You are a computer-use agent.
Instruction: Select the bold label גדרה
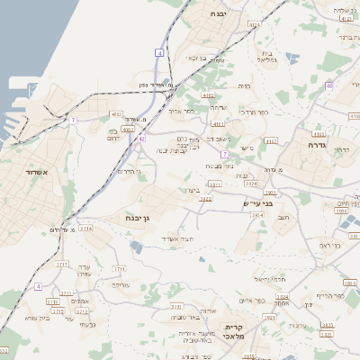click(x=317, y=145)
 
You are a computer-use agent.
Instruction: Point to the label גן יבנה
click(x=157, y=216)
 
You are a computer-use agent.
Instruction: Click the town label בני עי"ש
click(x=257, y=204)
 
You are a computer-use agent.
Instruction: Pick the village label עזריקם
click(x=121, y=284)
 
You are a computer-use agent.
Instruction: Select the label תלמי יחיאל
click(x=269, y=280)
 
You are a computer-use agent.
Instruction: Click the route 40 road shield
click(x=329, y=85)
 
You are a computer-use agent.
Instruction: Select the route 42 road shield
click(x=141, y=139)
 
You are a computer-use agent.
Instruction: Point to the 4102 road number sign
click(x=209, y=94)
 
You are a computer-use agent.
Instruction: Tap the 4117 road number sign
click(x=271, y=141)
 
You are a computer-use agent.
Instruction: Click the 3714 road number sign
click(x=85, y=229)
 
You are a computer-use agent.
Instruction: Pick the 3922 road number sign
click(x=205, y=199)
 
